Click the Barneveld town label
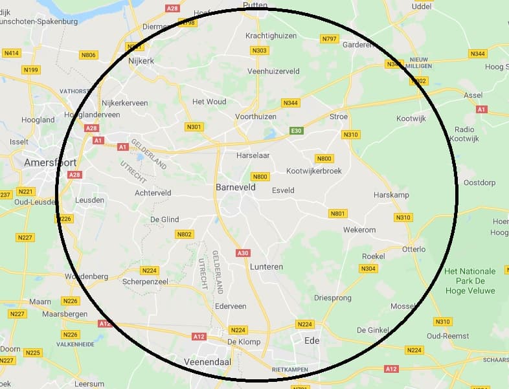235,187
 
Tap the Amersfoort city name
50,162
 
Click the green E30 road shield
297,131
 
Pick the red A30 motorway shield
243,253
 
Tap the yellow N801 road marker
338,214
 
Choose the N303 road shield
259,50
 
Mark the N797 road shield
330,39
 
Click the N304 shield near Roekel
368,269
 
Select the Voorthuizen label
256,117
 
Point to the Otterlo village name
414,249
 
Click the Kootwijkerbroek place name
313,171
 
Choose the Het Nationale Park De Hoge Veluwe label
470,281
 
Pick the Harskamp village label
391,195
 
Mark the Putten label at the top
254,5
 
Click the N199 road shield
30,70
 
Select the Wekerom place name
359,230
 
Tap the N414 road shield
12,52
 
